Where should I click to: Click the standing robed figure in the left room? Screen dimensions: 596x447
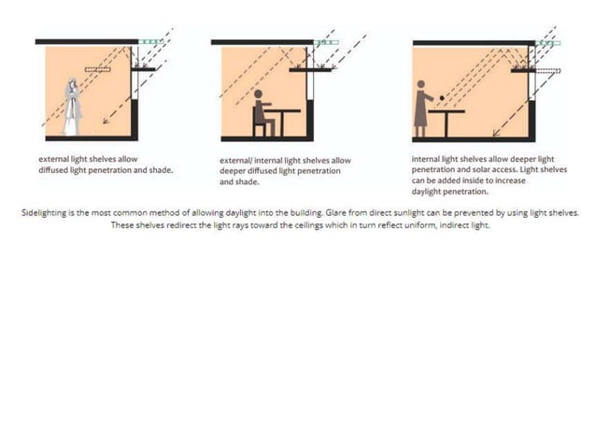72,107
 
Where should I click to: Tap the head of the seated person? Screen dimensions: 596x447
258,94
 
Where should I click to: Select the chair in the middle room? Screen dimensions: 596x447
258,122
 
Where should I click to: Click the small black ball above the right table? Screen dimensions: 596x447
442,98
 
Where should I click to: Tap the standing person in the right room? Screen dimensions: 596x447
422,108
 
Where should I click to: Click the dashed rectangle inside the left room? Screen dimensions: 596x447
98,69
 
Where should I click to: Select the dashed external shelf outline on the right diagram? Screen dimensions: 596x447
547,71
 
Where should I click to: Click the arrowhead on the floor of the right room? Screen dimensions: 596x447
496,133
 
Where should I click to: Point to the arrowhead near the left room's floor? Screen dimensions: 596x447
106,121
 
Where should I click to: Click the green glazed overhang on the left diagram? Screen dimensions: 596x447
151,41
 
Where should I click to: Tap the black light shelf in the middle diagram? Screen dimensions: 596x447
310,69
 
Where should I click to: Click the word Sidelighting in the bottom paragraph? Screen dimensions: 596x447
44,213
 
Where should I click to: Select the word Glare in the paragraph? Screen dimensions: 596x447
334,212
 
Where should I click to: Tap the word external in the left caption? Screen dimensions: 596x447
54,159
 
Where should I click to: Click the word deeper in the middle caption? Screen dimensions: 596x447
233,171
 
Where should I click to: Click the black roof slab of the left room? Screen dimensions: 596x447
87,41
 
